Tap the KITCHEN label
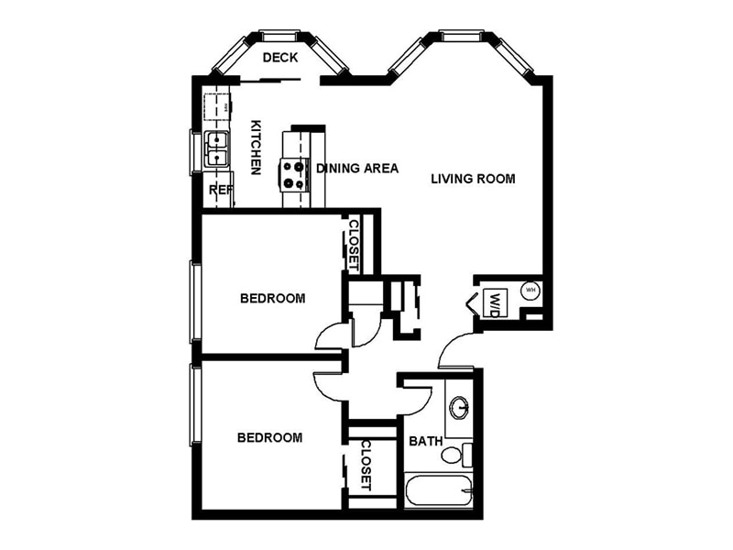[257, 148]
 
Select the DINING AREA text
[357, 169]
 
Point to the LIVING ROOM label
[473, 179]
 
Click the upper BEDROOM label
[272, 298]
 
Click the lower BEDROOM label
[269, 437]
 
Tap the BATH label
[425, 441]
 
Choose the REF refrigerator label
[220, 190]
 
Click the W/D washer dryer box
[493, 302]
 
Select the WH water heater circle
[530, 291]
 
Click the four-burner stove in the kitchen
[294, 173]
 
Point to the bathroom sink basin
[460, 407]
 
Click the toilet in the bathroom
[454, 454]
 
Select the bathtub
[438, 490]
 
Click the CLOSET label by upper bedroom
[353, 243]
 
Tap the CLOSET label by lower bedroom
[365, 465]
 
